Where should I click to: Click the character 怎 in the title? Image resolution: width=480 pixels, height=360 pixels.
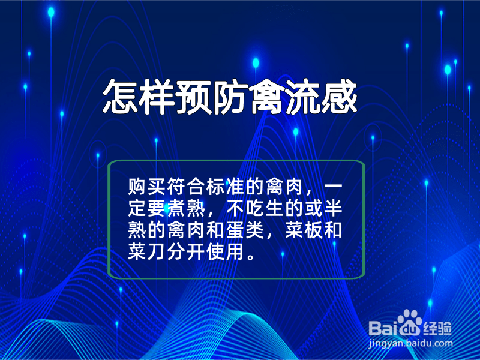click(119, 97)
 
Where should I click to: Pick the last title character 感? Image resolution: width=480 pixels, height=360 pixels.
click(339, 97)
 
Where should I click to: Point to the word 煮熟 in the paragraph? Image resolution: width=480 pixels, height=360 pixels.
click(186, 208)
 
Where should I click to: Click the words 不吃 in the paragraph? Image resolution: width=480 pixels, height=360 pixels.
click(245, 208)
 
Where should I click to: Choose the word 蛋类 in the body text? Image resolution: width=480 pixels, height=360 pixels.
click(245, 230)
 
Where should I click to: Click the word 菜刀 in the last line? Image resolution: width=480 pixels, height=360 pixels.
click(147, 252)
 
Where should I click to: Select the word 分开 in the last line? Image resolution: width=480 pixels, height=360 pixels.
click(186, 252)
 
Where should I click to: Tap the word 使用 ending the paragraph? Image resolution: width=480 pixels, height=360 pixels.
click(226, 252)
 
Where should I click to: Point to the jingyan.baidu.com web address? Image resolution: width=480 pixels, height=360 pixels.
click(410, 343)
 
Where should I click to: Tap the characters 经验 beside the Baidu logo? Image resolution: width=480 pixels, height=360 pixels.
click(438, 328)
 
